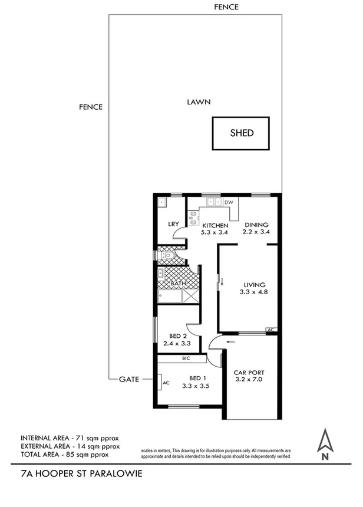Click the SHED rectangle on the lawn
pos(240,133)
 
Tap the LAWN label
pos(199,102)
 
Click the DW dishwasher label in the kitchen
pos(229,203)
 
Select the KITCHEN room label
pos(215,225)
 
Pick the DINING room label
pos(256,225)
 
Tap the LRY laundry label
pos(173,224)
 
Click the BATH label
pos(178,284)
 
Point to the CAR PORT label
pos(248,373)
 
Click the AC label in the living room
pos(270,330)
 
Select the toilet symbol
pos(167,256)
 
